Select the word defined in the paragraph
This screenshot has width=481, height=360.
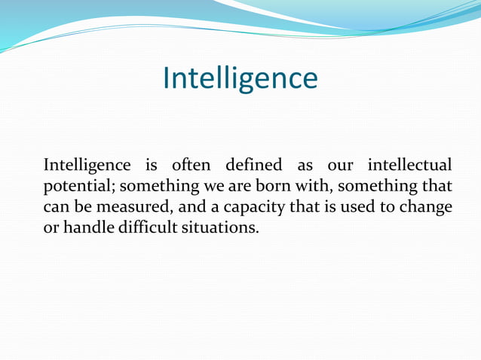point(254,163)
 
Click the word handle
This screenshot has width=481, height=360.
point(87,226)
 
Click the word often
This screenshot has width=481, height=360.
point(185,163)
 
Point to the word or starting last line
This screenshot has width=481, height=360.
point(51,227)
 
